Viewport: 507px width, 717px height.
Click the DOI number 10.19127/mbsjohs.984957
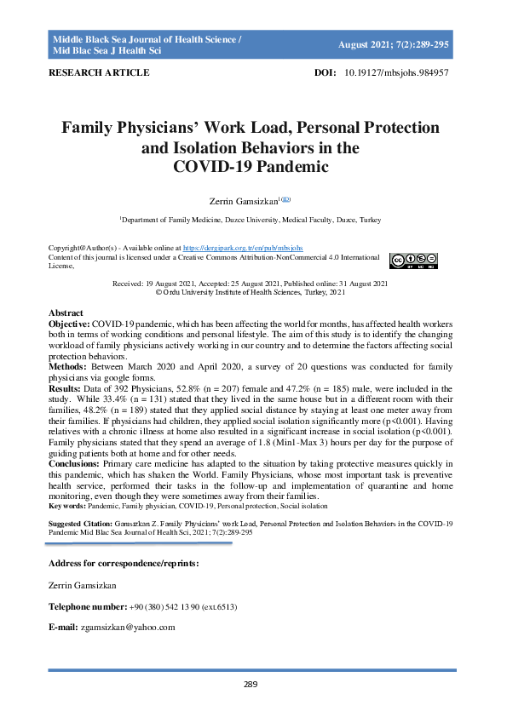[396, 73]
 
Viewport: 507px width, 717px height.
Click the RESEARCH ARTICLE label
[100, 73]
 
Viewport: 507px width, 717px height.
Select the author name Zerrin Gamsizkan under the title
[246, 201]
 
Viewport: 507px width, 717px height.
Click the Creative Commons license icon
[414, 261]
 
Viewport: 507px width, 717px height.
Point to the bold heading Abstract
[66, 313]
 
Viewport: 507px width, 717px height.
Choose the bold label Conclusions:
[74, 464]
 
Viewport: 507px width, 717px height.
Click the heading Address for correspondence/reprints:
[124, 564]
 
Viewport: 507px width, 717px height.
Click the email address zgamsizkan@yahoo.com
[128, 628]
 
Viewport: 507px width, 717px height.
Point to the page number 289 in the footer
[251, 684]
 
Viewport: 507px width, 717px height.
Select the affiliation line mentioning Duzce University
[251, 220]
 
